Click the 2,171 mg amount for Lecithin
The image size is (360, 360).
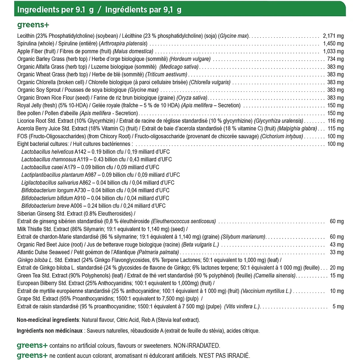333,36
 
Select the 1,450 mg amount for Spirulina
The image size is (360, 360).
333,43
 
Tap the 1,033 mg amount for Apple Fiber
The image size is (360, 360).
333,51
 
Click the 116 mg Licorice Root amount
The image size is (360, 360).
336,121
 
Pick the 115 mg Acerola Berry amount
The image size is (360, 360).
336,129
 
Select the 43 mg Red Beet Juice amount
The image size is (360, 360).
337,244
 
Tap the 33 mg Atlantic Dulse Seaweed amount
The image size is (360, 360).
337,252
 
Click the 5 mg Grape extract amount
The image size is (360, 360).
338,306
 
